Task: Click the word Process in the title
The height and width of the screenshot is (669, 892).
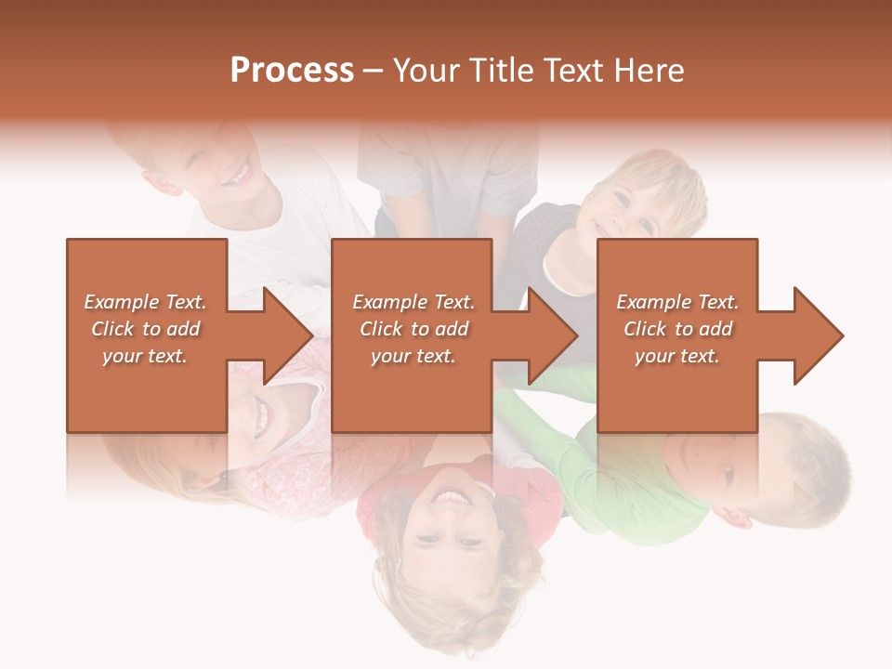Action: [292, 71]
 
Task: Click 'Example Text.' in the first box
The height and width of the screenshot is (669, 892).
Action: [145, 302]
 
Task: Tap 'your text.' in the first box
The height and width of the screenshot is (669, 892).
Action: [145, 356]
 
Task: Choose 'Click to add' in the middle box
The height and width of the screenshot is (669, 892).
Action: [413, 329]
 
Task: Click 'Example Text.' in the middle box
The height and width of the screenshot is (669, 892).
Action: [413, 302]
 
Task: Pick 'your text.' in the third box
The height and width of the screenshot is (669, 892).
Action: [677, 356]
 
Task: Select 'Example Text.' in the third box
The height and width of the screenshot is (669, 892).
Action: [677, 302]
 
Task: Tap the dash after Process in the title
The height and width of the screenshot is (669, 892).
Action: [373, 72]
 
